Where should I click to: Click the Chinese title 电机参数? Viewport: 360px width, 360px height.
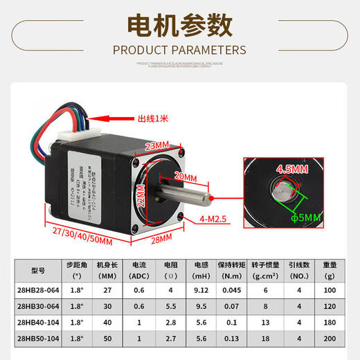point(179,26)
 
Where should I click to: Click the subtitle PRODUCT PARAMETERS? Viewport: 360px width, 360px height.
point(179,50)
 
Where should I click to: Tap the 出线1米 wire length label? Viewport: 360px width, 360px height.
point(154,118)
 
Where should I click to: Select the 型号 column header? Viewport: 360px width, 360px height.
point(38,269)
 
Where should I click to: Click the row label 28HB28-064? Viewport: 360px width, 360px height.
point(38,290)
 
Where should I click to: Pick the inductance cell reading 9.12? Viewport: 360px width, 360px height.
point(201,290)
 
